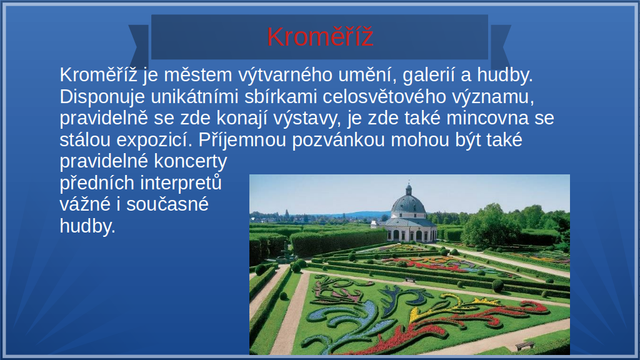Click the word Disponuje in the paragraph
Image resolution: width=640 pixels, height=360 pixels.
point(102,97)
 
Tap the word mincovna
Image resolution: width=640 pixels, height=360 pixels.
point(487,118)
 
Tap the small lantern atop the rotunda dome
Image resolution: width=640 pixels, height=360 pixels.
point(409,189)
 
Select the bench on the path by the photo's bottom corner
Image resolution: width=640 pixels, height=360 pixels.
point(524,345)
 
